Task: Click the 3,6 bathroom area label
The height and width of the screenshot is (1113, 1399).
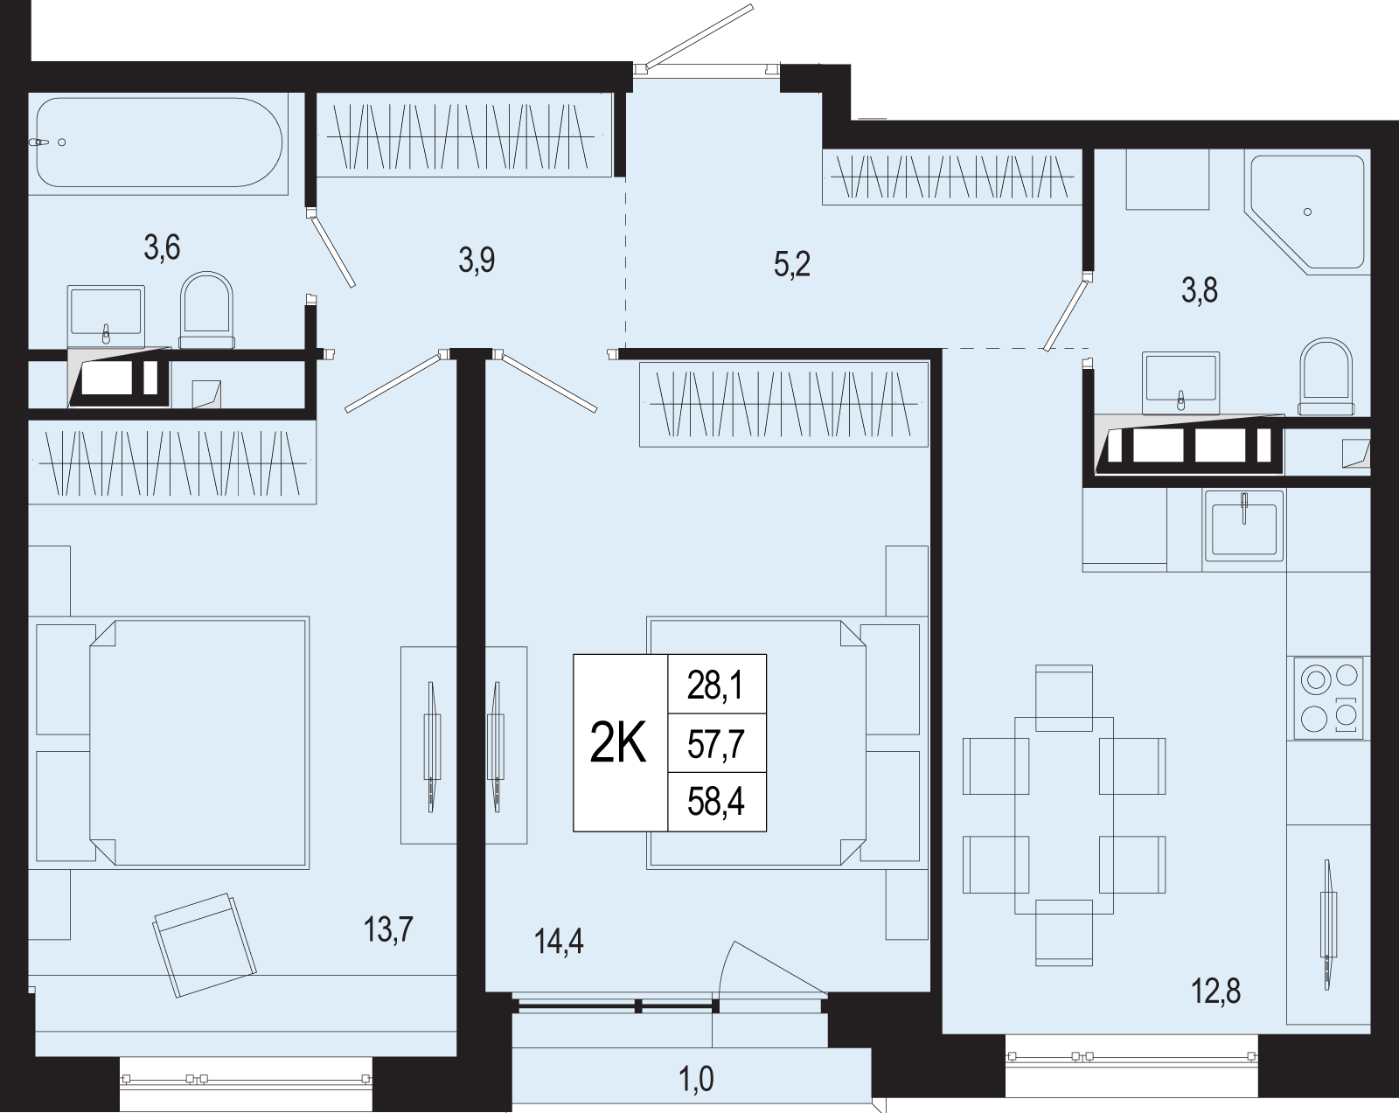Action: (162, 248)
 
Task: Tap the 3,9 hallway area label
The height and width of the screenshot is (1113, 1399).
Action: (477, 261)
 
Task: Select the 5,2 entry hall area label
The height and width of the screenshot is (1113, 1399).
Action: (792, 265)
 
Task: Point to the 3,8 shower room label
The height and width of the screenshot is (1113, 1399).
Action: (1200, 290)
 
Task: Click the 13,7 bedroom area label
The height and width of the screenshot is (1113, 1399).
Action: (388, 929)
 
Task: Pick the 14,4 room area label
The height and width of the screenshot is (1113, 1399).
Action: (559, 941)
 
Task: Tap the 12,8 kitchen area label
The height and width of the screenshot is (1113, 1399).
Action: (1215, 992)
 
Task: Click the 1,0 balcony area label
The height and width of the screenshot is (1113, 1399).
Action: (696, 1080)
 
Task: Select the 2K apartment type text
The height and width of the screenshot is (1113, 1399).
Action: (617, 744)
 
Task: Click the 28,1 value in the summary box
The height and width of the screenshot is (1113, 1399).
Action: (716, 686)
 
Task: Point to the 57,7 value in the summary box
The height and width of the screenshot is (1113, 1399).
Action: (716, 745)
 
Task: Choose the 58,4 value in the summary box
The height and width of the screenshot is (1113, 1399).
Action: (716, 803)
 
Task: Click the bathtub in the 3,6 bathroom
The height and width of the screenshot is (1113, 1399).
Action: (159, 143)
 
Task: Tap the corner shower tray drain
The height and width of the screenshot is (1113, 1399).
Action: (1307, 212)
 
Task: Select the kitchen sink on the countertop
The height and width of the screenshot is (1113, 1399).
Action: (1243, 525)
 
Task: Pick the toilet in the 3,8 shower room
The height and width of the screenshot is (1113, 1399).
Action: (1326, 376)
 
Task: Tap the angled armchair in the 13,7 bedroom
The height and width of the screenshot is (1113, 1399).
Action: (204, 944)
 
